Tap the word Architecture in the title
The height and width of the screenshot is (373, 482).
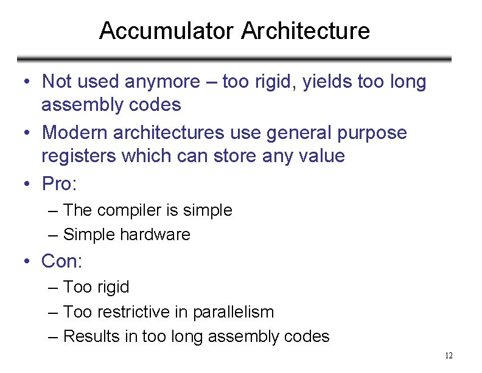point(306,30)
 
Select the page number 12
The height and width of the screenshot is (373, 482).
point(449,356)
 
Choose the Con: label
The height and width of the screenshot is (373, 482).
point(61,261)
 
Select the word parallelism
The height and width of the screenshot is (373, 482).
point(233,312)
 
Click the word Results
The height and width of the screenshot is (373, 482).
point(92,336)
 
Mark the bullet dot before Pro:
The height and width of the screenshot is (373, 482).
point(28,183)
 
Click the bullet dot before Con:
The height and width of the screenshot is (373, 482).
point(28,263)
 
